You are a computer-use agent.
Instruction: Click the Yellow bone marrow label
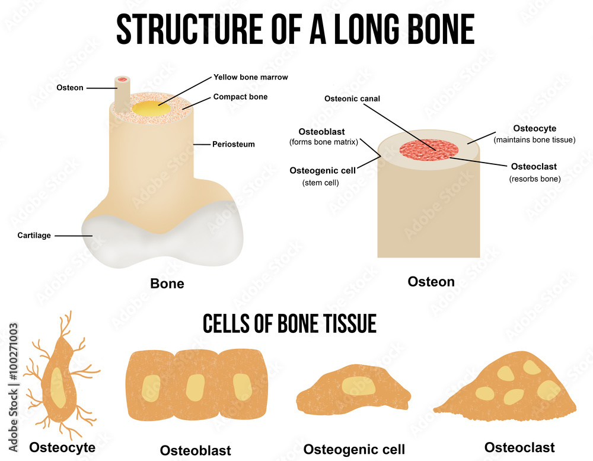(251, 77)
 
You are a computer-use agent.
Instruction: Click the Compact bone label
(240, 97)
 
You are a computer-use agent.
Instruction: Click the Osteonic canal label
(352, 98)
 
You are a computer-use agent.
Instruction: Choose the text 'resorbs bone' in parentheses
(535, 179)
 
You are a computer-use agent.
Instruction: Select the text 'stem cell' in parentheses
(320, 183)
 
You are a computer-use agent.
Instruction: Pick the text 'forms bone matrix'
(323, 142)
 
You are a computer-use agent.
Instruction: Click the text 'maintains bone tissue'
(534, 140)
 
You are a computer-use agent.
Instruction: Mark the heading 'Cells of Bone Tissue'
(289, 323)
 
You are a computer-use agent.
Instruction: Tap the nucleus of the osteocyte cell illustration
(58, 388)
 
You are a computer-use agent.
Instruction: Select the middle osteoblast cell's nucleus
(196, 387)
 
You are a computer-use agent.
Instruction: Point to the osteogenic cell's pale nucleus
(358, 386)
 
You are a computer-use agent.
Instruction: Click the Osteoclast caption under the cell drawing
(519, 447)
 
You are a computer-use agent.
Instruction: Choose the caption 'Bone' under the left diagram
(167, 284)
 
